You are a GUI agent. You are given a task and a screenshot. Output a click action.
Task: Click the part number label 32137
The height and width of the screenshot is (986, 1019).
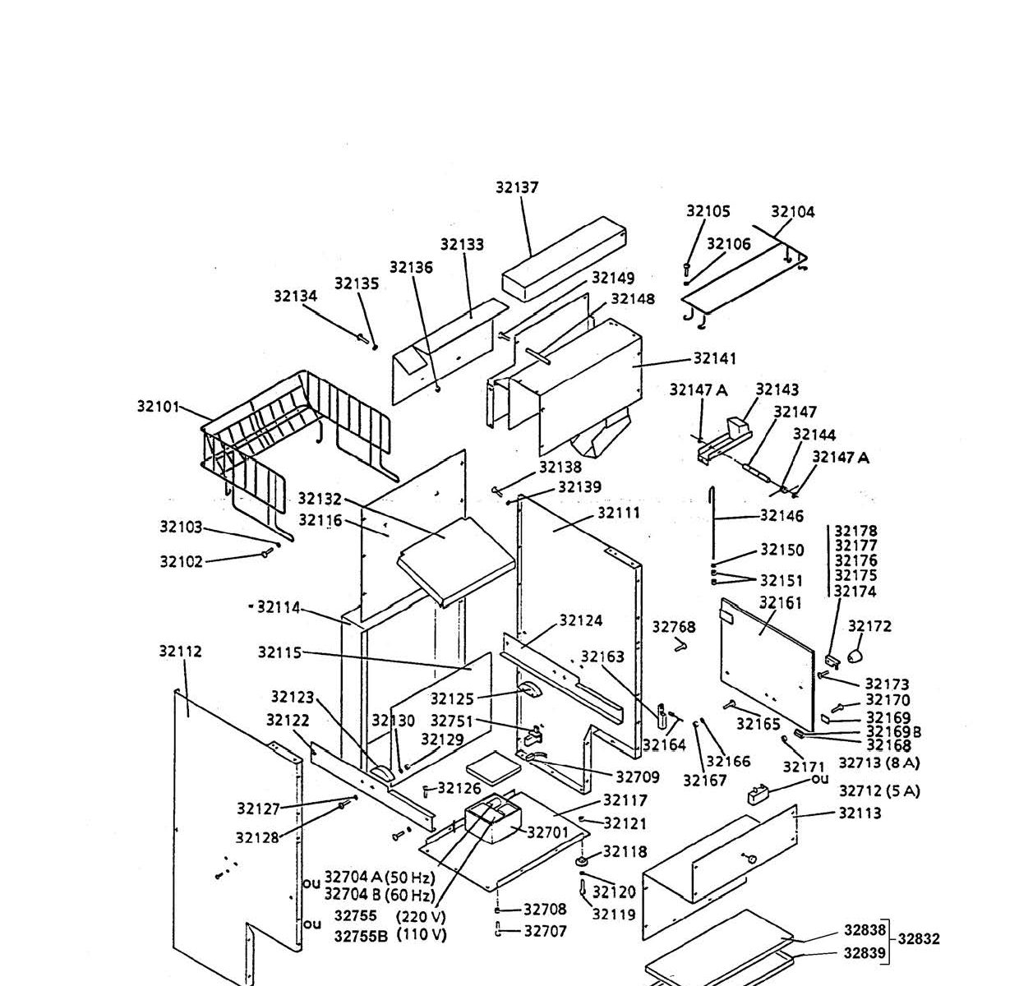point(517,187)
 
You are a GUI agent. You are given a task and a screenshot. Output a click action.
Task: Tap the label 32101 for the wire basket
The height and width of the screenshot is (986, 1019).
point(158,406)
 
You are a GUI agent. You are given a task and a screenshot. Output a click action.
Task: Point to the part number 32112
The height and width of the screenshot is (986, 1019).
point(180,652)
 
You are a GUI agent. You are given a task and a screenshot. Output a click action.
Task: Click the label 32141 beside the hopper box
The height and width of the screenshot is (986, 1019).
point(715,358)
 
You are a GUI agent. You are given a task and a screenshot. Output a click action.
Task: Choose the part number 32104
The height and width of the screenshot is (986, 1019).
point(793,212)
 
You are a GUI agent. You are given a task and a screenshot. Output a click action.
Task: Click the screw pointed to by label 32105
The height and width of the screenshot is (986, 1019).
point(686,267)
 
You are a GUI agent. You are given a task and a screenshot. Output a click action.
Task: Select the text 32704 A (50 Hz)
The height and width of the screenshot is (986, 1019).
point(380,877)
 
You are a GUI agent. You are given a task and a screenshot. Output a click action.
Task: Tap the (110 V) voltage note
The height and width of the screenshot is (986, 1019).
point(421,934)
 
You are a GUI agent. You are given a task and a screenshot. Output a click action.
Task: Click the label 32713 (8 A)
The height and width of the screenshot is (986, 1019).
point(879,763)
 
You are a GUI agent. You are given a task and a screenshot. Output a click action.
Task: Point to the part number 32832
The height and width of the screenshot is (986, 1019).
point(919,938)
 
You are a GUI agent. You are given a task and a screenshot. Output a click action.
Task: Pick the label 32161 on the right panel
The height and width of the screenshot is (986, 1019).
point(780,604)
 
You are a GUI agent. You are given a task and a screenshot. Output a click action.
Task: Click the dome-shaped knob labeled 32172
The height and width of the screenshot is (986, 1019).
point(855,655)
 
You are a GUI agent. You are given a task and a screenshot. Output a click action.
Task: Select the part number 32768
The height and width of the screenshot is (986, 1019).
point(674,627)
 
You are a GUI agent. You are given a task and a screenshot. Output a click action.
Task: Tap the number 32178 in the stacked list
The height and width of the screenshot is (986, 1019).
point(855,532)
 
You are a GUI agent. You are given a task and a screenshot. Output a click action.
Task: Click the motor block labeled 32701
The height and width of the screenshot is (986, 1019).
point(491,820)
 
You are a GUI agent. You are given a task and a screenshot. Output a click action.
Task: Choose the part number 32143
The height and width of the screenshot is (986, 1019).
point(777,389)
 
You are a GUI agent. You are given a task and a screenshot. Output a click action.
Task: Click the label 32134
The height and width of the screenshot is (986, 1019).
point(296,297)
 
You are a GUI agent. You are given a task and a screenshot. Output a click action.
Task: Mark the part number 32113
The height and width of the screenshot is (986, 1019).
point(860,813)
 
